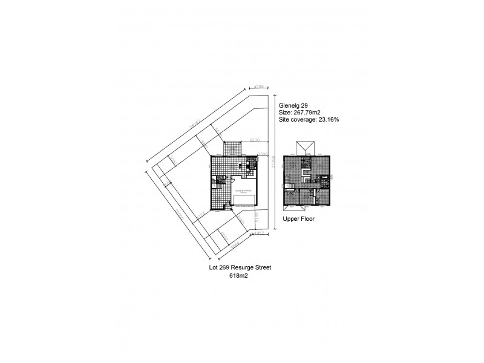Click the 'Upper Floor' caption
(299, 220)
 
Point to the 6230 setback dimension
(255, 140)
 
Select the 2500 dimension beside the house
(263, 154)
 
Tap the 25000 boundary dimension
(179, 213)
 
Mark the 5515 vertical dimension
(257, 217)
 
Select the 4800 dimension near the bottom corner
(224, 235)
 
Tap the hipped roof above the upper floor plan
(304, 149)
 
